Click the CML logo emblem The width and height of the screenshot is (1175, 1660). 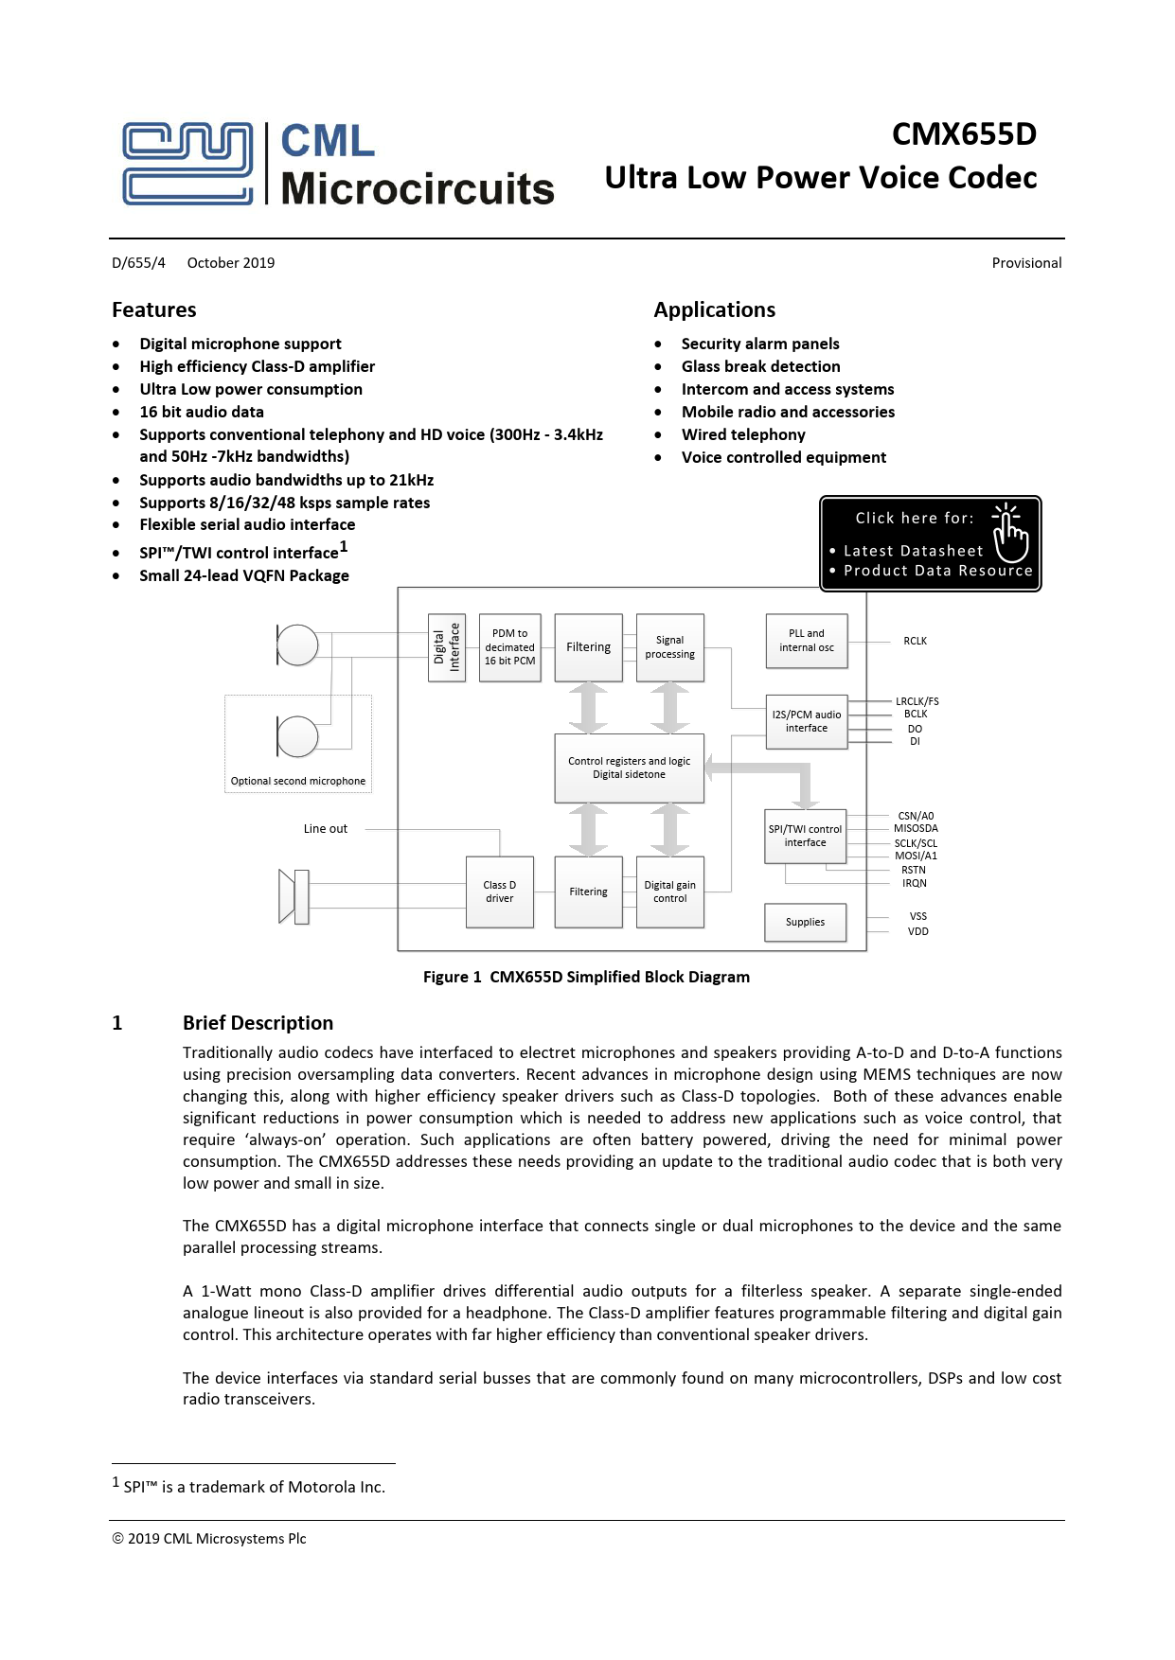pyautogui.click(x=187, y=163)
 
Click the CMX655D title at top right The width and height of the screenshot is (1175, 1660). pyautogui.click(x=964, y=134)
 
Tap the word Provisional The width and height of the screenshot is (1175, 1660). pyautogui.click(x=1026, y=263)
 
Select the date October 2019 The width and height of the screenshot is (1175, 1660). pyautogui.click(x=231, y=263)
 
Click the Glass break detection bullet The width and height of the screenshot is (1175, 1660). pyautogui.click(x=760, y=366)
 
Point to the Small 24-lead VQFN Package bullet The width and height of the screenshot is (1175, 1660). pyautogui.click(x=244, y=575)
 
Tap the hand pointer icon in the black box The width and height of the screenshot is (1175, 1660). pyautogui.click(x=1010, y=532)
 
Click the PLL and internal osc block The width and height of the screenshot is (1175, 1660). pyautogui.click(x=807, y=641)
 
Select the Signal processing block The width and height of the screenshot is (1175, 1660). pyautogui.click(x=669, y=647)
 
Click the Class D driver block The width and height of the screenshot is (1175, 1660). pyautogui.click(x=500, y=892)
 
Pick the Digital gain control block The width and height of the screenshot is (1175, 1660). pyautogui.click(x=669, y=892)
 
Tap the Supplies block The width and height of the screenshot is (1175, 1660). pyautogui.click(x=805, y=922)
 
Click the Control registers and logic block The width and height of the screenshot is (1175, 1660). pyautogui.click(x=629, y=768)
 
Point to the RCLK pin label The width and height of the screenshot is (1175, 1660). pyautogui.click(x=915, y=641)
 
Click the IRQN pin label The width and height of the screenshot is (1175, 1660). pyautogui.click(x=915, y=883)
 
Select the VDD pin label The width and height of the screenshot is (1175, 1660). pyautogui.click(x=917, y=931)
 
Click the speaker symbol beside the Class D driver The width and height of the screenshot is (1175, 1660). pyautogui.click(x=294, y=895)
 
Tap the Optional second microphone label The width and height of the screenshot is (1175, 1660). pyautogui.click(x=297, y=781)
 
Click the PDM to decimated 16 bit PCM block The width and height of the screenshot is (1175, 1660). pyautogui.click(x=509, y=647)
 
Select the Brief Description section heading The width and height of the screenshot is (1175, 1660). pyautogui.click(x=258, y=1022)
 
